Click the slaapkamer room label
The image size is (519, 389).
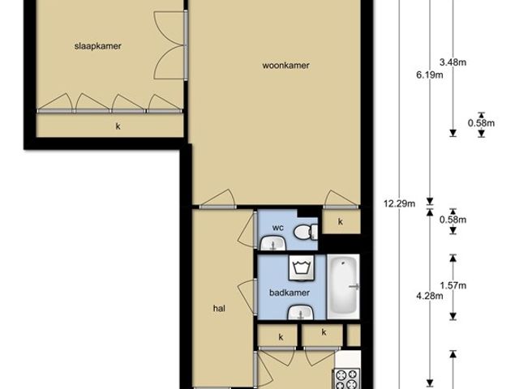click(98, 46)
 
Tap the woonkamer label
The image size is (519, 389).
click(286, 65)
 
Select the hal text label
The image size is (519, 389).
click(219, 308)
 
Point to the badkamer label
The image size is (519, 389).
click(290, 293)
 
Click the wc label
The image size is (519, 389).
click(277, 228)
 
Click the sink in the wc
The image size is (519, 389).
click(273, 243)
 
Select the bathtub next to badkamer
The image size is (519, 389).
click(343, 286)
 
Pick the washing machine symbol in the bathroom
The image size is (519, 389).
click(301, 267)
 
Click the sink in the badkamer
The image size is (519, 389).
click(301, 313)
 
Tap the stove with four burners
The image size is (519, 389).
click(347, 378)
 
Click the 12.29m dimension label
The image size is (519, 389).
click(399, 203)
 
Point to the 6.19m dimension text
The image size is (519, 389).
click(429, 75)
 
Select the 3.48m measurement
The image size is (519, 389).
click(453, 62)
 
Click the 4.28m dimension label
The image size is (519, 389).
click(429, 296)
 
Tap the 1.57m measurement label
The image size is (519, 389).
click(453, 285)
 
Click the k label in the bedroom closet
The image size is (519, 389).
click(118, 126)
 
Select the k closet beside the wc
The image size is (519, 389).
click(341, 221)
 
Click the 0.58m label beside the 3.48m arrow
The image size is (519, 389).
click(481, 123)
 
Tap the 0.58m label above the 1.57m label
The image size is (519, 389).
click(453, 220)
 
